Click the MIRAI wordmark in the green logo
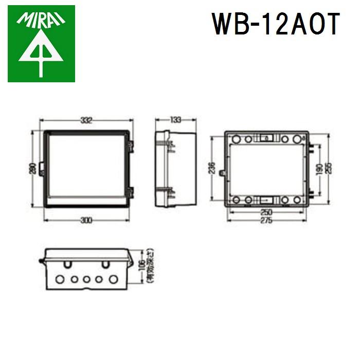tap(41, 20)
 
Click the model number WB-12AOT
tap(276, 24)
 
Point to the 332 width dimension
tap(86, 120)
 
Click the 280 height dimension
tap(32, 169)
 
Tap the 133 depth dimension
tap(175, 120)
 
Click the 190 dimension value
tap(319, 169)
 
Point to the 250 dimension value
tap(265, 212)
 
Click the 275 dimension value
tap(265, 220)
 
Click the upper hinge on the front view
tap(131, 147)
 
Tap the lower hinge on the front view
tap(131, 193)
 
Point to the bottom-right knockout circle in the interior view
tap(297, 200)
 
